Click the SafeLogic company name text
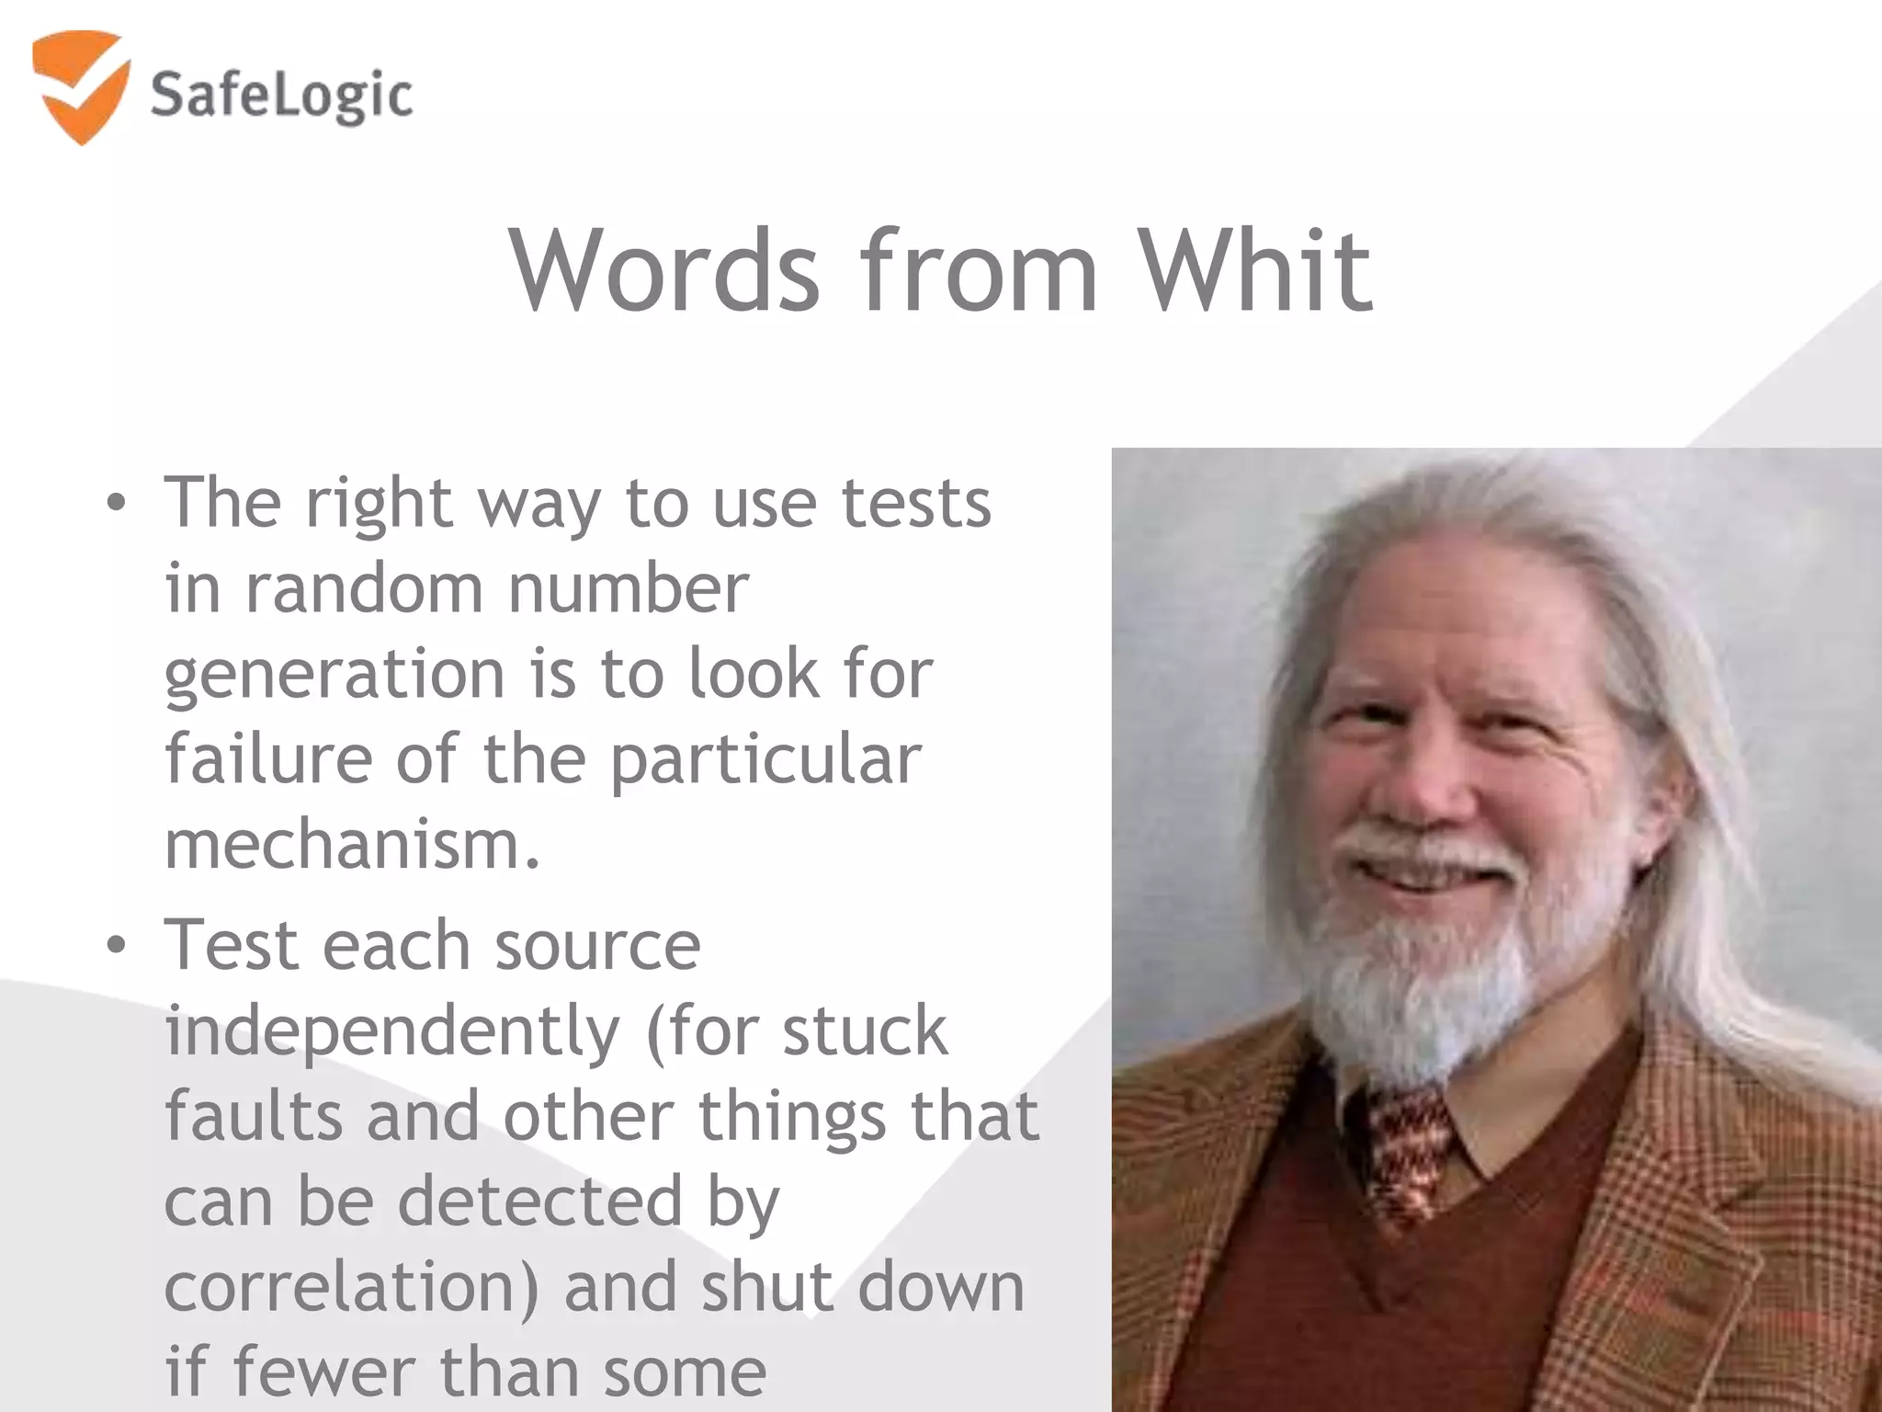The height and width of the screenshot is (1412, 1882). click(x=281, y=96)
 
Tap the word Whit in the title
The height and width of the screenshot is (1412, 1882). click(x=1255, y=270)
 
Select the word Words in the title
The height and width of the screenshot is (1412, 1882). click(x=663, y=270)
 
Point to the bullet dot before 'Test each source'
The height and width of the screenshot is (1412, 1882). click(x=115, y=946)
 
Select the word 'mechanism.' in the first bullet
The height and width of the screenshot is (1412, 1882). click(x=352, y=844)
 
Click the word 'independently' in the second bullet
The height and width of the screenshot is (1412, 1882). click(x=392, y=1031)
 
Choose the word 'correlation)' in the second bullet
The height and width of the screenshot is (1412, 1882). click(x=352, y=1287)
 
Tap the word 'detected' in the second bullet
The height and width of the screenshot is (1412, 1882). click(x=540, y=1201)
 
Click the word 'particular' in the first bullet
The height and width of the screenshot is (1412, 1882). click(x=765, y=760)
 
